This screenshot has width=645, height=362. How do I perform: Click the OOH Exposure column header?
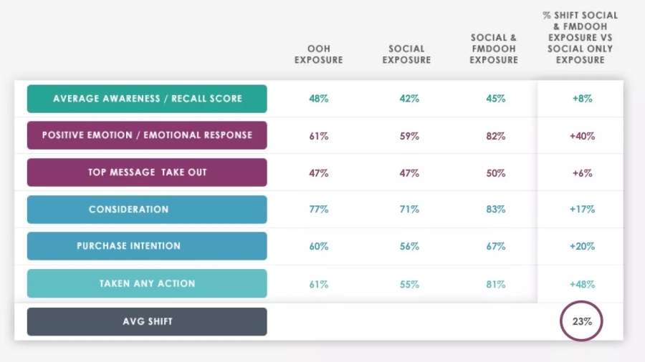[x=319, y=54]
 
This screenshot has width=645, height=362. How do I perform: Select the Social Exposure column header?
[x=406, y=54]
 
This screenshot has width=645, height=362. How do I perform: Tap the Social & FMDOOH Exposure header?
[x=494, y=49]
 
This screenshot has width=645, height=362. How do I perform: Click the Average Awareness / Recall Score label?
[x=147, y=99]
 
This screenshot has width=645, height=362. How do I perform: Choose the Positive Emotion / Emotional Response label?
[x=147, y=135]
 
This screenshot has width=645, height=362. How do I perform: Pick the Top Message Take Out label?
[x=147, y=172]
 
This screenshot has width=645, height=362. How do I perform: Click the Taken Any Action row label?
[x=147, y=283]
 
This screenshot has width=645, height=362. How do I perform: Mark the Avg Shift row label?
[x=147, y=321]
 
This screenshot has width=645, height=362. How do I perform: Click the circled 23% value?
[x=582, y=321]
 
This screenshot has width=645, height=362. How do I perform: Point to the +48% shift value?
[x=582, y=284]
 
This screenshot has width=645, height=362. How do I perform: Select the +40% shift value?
[x=582, y=136]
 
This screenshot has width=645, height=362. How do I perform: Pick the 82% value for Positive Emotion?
[x=495, y=136]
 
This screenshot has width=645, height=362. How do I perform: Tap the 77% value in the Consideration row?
[x=319, y=210]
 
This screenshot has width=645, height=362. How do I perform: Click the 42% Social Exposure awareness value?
[x=409, y=99]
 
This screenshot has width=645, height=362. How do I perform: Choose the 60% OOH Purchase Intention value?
[x=319, y=247]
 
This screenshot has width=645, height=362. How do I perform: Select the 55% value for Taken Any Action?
[x=409, y=284]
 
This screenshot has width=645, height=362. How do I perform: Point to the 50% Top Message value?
[x=495, y=173]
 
